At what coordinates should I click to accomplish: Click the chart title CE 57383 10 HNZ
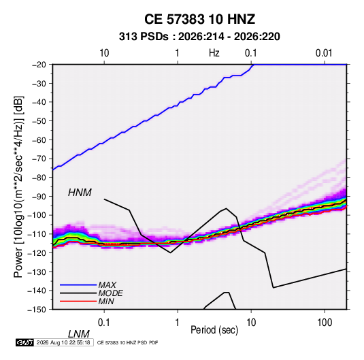[199, 19]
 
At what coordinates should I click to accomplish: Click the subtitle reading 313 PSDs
[144, 37]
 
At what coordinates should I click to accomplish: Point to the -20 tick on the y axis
[39, 65]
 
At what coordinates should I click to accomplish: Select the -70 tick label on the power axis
[39, 159]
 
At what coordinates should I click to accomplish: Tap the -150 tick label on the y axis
[37, 310]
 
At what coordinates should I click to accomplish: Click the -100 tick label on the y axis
[37, 215]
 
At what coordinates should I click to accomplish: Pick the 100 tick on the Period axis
[325, 323]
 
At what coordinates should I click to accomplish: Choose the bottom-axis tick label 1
[178, 323]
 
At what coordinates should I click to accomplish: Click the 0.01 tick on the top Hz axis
[324, 53]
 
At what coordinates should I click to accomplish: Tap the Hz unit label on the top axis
[214, 53]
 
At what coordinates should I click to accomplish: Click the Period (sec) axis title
[214, 330]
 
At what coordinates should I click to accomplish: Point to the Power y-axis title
[18, 186]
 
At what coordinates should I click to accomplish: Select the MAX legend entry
[107, 284]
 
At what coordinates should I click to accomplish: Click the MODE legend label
[110, 293]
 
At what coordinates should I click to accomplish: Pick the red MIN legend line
[78, 301]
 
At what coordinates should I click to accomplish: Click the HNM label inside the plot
[80, 193]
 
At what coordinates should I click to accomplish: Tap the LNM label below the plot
[78, 334]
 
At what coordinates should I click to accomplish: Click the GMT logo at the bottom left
[24, 342]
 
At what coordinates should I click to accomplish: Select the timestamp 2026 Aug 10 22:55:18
[63, 342]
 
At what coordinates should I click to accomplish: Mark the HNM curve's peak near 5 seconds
[226, 208]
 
